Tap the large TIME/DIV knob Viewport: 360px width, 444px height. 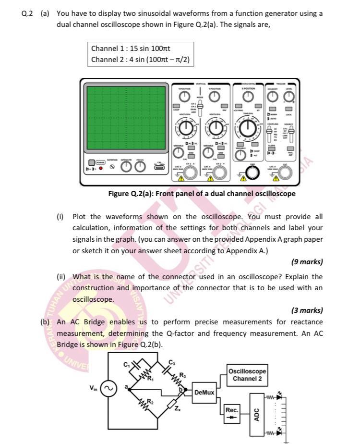(x=248, y=128)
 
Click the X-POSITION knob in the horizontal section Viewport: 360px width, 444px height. (x=248, y=97)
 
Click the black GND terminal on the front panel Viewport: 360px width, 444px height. (x=253, y=172)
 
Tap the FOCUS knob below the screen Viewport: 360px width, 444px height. (x=139, y=166)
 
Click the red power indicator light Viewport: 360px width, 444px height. (x=101, y=169)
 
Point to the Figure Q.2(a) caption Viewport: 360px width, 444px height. (x=202, y=194)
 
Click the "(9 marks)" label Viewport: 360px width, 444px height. (x=307, y=262)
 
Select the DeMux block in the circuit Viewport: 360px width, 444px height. (x=204, y=393)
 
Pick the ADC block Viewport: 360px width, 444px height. (x=256, y=414)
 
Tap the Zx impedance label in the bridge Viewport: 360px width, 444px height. (x=177, y=408)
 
